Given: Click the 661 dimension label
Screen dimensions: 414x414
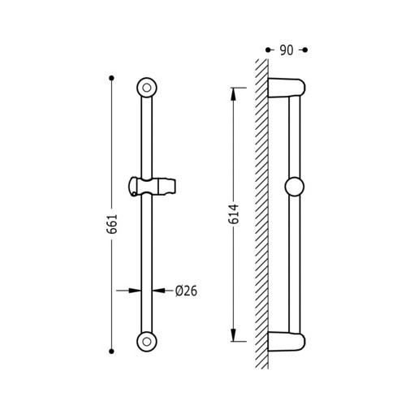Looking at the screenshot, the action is click(x=112, y=224).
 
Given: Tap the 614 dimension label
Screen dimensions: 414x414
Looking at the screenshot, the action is click(x=234, y=214).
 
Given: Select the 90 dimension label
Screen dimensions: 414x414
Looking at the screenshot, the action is click(x=287, y=50).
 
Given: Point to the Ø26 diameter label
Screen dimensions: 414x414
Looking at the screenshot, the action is click(x=186, y=291).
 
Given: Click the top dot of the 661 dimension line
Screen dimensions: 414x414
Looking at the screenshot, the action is click(x=111, y=78).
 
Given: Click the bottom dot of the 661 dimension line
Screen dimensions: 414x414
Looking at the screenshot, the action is click(x=111, y=351).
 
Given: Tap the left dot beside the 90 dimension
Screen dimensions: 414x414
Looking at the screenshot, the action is click(x=268, y=50).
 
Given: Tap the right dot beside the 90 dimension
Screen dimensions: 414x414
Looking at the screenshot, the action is click(x=305, y=50).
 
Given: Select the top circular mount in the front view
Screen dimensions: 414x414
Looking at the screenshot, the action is click(x=147, y=88).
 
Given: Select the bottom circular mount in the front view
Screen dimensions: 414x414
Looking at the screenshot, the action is click(x=147, y=342).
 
